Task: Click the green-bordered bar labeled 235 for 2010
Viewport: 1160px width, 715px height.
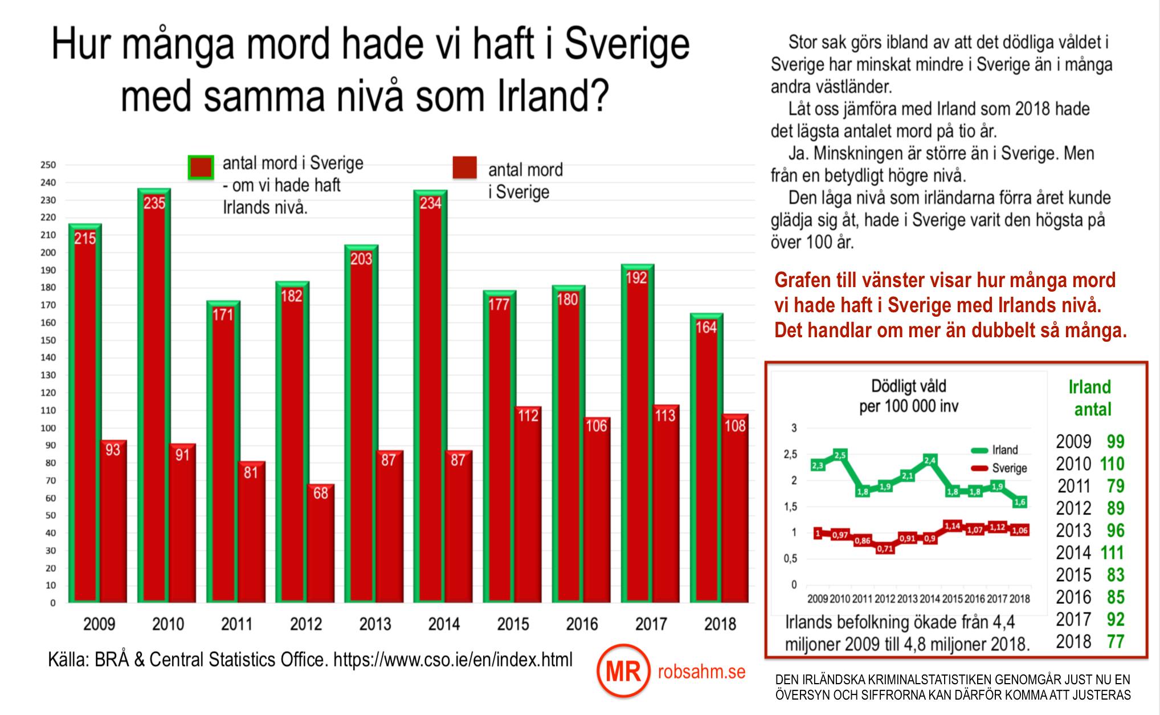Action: pos(154,393)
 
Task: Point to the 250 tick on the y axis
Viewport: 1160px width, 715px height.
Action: pos(48,165)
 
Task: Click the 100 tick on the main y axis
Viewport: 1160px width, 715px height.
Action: pos(48,428)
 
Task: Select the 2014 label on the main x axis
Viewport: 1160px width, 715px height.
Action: pos(444,624)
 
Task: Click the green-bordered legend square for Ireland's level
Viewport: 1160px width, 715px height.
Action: pos(201,167)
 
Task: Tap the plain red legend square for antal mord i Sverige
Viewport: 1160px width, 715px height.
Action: pos(464,168)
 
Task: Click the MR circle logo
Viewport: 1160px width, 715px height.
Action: pos(623,672)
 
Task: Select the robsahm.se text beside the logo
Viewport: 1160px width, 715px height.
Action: pos(701,672)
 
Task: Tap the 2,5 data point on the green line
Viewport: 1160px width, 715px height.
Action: pos(840,455)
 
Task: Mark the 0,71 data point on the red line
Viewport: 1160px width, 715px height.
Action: pos(885,549)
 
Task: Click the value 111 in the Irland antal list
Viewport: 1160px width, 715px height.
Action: pos(1112,553)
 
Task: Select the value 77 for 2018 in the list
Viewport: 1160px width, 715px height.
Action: pos(1116,642)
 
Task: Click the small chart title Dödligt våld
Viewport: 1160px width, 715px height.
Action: pos(909,386)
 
